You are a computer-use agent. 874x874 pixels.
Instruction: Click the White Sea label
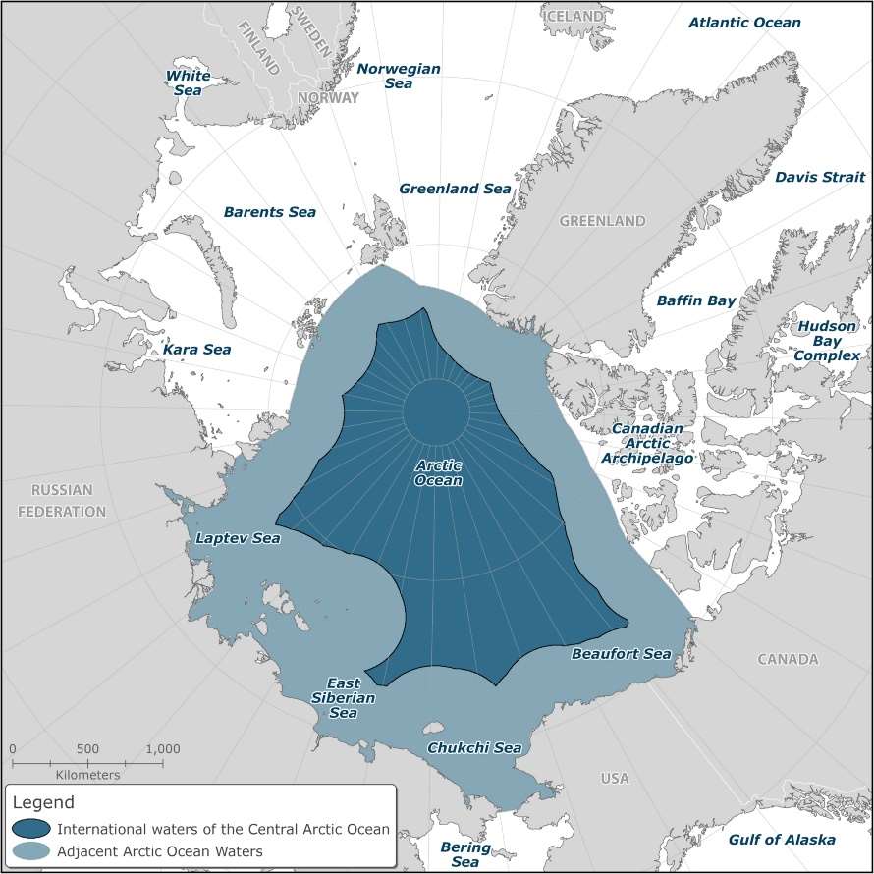click(184, 82)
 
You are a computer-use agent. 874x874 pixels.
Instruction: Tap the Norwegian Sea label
click(398, 77)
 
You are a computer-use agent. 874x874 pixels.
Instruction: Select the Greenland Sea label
click(455, 189)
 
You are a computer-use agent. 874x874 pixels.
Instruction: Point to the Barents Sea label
click(269, 212)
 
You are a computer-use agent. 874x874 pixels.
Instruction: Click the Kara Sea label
click(196, 350)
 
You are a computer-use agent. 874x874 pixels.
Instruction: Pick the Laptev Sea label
click(238, 538)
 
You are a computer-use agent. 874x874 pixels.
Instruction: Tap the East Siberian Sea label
click(343, 697)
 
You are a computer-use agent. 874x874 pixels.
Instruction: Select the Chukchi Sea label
click(473, 748)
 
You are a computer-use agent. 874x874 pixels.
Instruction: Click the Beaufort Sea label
click(621, 654)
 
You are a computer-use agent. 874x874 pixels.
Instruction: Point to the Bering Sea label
click(459, 854)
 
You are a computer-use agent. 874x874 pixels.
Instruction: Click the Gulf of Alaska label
click(782, 840)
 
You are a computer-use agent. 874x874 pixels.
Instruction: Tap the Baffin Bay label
click(695, 300)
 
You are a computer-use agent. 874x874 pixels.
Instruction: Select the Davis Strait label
click(820, 178)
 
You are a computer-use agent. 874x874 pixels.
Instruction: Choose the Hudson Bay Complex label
click(827, 341)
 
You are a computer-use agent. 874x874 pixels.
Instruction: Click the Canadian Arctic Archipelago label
click(653, 444)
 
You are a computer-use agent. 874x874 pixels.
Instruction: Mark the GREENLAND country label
click(602, 222)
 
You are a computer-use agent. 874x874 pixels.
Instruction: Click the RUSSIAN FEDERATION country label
click(61, 501)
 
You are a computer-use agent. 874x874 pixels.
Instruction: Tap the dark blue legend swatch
click(31, 828)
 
